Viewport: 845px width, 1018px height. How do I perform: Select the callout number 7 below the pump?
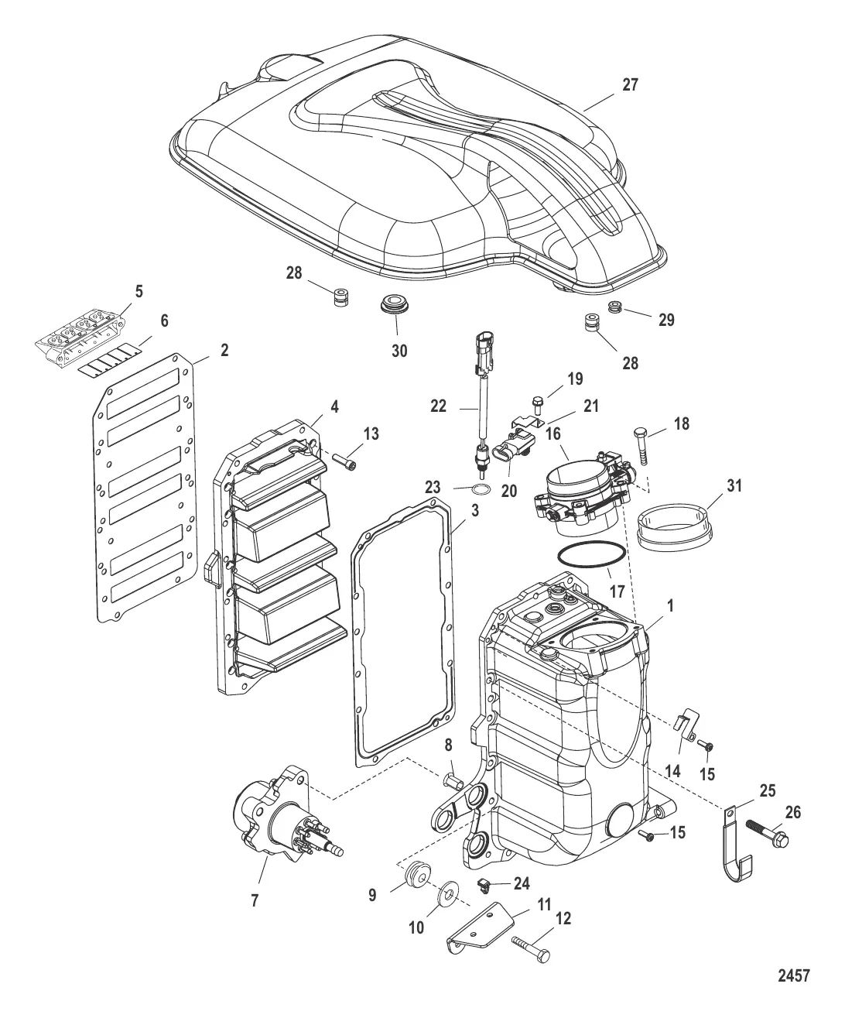(255, 901)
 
